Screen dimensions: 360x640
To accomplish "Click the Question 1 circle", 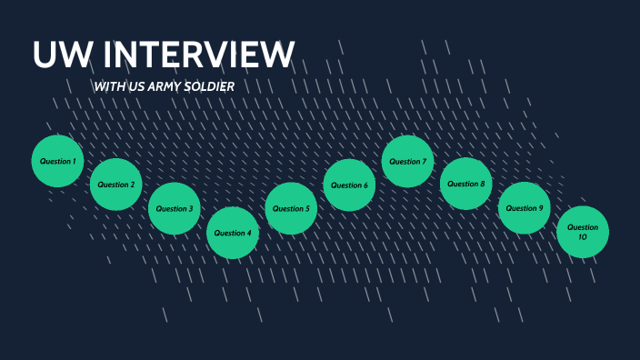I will click(57, 161).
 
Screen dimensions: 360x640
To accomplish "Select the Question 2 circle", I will click(115, 185).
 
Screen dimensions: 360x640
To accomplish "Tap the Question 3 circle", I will click(174, 208).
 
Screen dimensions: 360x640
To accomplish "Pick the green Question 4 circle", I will click(232, 233).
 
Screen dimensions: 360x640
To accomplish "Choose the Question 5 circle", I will click(290, 208).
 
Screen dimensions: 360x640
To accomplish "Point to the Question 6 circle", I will click(349, 185).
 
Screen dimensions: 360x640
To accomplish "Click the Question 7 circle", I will click(407, 161).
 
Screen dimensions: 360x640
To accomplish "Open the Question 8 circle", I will click(465, 184).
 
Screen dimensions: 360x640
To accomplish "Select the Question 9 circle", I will click(524, 208).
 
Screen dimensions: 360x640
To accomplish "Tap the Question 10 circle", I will click(583, 232).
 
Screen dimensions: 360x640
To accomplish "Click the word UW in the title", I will click(63, 55).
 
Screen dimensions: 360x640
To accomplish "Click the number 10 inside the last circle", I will click(583, 237).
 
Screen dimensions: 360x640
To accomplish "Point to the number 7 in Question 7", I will click(424, 162).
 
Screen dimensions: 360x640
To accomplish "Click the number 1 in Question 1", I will click(73, 162).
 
